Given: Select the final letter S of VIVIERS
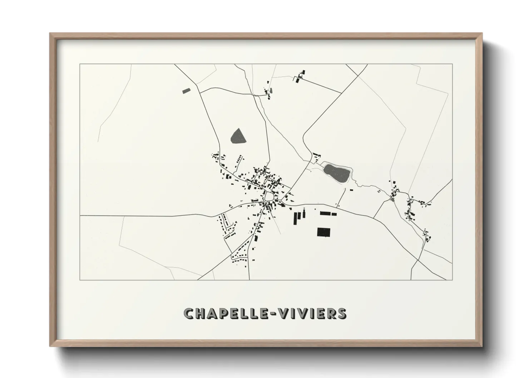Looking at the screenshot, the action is (x=341, y=314).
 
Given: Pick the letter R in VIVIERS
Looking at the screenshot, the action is (x=329, y=314).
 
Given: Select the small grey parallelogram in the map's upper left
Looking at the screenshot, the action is (x=187, y=91).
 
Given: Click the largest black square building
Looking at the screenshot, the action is (x=323, y=232).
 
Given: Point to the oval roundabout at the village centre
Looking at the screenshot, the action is (x=269, y=196).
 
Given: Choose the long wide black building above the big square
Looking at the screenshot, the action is (x=326, y=213).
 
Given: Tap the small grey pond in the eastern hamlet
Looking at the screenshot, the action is (x=393, y=200).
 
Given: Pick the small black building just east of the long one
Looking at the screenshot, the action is (x=334, y=214).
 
